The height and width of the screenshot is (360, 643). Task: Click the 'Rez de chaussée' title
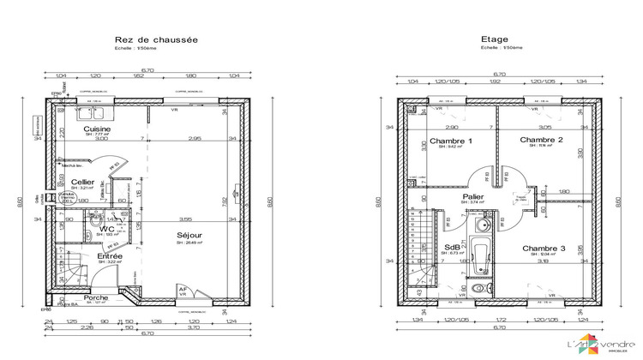click(x=156, y=39)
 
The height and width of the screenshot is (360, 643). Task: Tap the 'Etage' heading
click(x=495, y=39)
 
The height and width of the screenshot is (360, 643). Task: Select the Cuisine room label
click(x=98, y=129)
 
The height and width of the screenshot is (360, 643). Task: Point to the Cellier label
click(x=83, y=182)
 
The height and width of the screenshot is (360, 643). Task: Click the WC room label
click(x=107, y=229)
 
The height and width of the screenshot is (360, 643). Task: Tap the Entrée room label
click(x=109, y=255)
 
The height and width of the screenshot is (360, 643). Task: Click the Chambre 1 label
click(x=450, y=141)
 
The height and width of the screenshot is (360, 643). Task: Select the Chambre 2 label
click(x=541, y=140)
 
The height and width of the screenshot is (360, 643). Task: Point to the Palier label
click(x=472, y=196)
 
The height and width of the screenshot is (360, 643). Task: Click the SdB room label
click(x=452, y=247)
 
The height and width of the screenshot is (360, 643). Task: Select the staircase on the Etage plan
click(x=419, y=249)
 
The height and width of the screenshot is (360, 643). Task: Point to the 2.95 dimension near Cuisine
click(x=195, y=138)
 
